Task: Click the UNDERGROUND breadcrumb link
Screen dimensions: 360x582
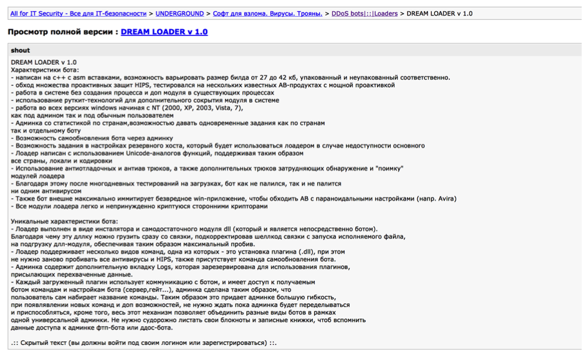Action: (x=179, y=13)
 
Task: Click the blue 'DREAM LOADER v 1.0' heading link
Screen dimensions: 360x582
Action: (x=164, y=32)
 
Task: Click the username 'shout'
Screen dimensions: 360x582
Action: (x=20, y=50)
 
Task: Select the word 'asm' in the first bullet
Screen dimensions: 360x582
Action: (x=67, y=77)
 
